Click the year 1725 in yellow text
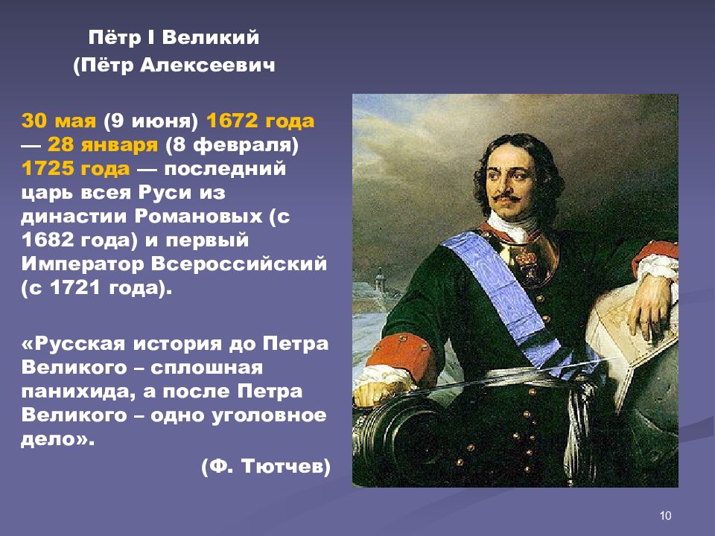point(46,169)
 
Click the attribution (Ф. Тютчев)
point(265,467)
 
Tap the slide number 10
point(666,516)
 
